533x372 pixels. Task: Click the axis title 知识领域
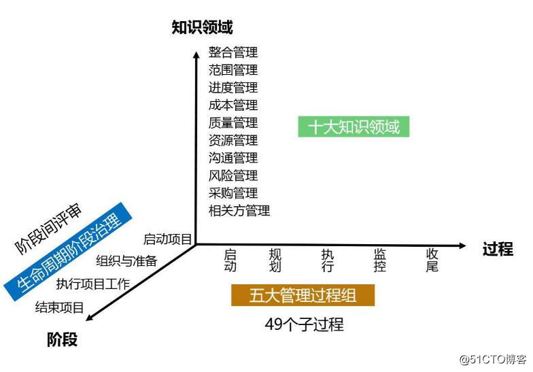click(203, 27)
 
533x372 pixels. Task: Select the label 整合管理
click(233, 52)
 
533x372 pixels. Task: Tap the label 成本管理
click(233, 105)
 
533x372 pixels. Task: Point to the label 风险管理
click(233, 175)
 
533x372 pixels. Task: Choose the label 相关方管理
click(239, 211)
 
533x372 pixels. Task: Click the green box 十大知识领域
click(354, 126)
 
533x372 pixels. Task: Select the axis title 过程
click(497, 248)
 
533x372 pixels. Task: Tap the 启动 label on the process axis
click(230, 260)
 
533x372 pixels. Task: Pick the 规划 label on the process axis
click(275, 260)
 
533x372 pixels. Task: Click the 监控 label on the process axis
click(380, 260)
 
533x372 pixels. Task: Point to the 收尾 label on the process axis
click(432, 260)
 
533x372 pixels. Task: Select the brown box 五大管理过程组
click(303, 294)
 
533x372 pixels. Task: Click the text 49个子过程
click(304, 325)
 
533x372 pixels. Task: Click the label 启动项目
click(167, 239)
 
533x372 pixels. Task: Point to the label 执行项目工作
click(92, 284)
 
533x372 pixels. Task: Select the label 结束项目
click(60, 307)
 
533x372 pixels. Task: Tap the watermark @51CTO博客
click(493, 358)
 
